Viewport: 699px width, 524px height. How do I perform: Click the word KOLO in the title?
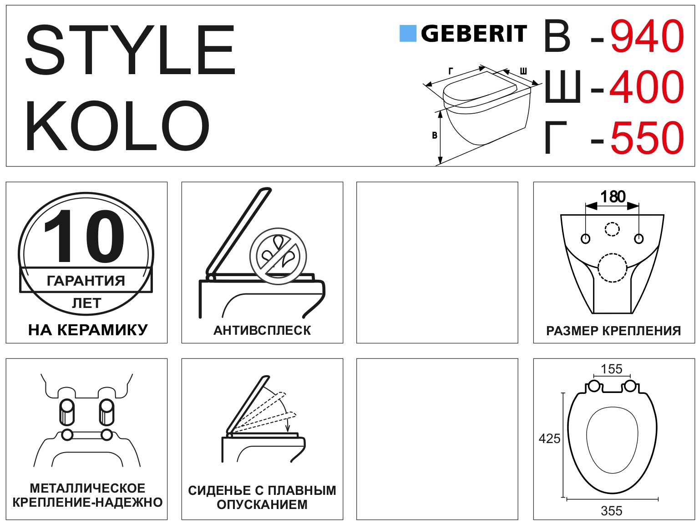coord(117,126)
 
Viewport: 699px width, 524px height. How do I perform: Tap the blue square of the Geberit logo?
coord(408,33)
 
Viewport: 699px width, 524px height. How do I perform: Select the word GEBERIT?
coord(474,34)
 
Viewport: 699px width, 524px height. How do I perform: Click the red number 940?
coord(647,36)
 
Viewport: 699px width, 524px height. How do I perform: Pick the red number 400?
coord(647,86)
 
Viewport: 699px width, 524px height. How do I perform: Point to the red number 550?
coord(647,137)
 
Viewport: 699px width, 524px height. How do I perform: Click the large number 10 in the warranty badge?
coord(84,236)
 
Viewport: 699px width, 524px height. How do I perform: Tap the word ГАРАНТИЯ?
coord(86,281)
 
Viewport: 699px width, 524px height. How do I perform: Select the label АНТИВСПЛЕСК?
coord(262,330)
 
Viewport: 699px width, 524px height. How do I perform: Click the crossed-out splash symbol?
coord(278,256)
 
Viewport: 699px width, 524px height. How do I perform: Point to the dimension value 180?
coord(613,196)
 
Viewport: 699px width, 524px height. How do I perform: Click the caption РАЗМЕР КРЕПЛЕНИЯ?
coord(613,331)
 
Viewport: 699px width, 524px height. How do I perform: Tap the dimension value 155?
coord(612,369)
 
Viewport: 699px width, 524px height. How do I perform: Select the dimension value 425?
coord(549,439)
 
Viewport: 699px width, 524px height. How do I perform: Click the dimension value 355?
coord(612,511)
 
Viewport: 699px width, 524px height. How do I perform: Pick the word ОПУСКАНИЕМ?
coord(262,504)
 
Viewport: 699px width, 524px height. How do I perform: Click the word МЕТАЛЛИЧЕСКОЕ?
coord(87,488)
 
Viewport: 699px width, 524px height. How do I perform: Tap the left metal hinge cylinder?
coord(67,412)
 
